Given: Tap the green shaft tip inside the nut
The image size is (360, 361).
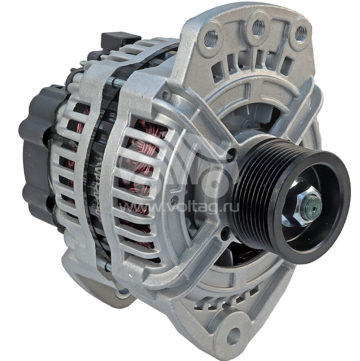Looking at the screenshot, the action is tap(311, 205).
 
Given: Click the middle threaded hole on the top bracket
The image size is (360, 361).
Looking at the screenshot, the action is tap(258, 28).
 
